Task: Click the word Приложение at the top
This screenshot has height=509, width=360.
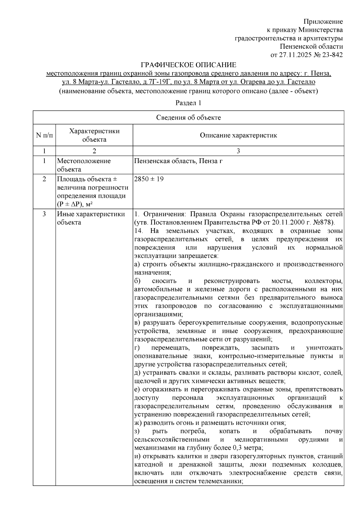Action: click(323, 22)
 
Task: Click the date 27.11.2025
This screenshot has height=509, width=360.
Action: click(295, 55)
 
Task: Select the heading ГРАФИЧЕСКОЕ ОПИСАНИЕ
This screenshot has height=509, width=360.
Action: click(189, 65)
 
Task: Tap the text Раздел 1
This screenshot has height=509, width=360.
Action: click(188, 103)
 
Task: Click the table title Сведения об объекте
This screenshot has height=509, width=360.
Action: click(188, 118)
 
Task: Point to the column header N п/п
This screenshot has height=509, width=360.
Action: click(44, 135)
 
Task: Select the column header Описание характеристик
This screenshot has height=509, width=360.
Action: click(238, 135)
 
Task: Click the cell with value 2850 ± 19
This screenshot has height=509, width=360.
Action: click(149, 179)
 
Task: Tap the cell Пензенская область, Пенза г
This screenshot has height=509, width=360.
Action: click(178, 161)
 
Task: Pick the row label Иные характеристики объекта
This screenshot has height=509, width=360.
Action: click(91, 218)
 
